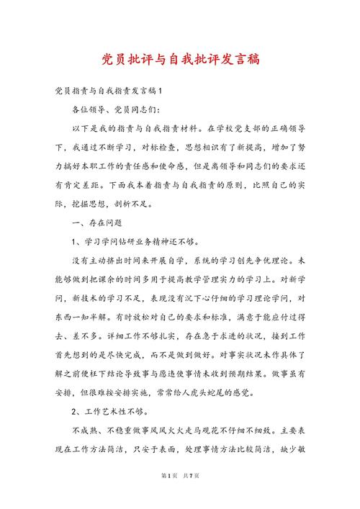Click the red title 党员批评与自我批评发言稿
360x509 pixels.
(x=180, y=60)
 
